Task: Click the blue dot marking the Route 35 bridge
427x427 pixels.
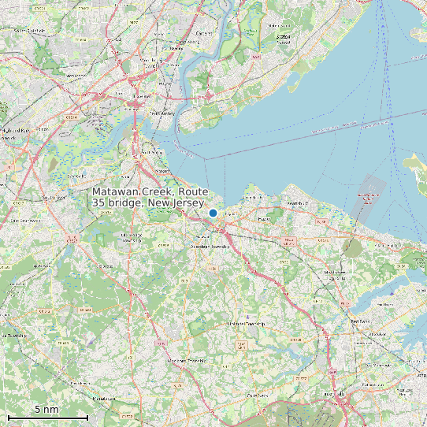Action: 213,213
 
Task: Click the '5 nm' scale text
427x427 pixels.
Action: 47,410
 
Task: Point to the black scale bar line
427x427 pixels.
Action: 47,417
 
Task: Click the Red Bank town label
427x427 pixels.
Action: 360,321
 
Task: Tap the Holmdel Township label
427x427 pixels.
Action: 246,324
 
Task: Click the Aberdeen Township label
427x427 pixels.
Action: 210,247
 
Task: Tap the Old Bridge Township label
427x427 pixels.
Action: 128,239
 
